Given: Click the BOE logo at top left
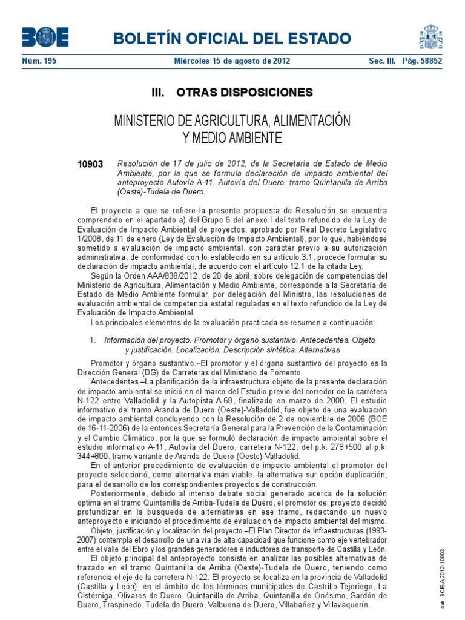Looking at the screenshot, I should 45,38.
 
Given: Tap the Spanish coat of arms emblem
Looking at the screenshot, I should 430,38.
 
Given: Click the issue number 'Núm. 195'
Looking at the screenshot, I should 39,61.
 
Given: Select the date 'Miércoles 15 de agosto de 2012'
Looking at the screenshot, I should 232,61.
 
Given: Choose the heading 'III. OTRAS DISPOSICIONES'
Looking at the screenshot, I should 232,93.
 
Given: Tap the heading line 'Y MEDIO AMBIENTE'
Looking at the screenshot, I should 232,138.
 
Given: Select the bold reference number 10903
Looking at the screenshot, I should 90,164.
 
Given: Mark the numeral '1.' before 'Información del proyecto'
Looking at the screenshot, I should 93,340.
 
